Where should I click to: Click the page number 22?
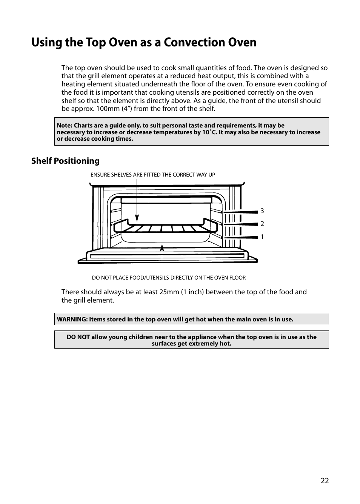click(x=325, y=481)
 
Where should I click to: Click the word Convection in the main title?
click(x=192, y=42)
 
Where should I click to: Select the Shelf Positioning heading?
click(x=65, y=161)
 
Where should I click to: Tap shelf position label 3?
click(x=262, y=211)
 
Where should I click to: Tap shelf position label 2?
click(x=262, y=224)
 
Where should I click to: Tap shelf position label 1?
click(x=262, y=237)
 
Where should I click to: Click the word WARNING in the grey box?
click(x=72, y=319)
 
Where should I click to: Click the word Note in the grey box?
click(x=64, y=126)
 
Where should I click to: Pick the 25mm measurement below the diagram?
click(x=162, y=292)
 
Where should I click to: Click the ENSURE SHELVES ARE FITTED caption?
click(x=152, y=175)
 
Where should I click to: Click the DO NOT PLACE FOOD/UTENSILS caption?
click(x=169, y=278)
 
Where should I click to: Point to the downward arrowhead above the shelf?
click(x=137, y=218)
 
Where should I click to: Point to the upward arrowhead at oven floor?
click(x=162, y=248)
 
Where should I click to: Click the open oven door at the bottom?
click(x=167, y=256)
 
